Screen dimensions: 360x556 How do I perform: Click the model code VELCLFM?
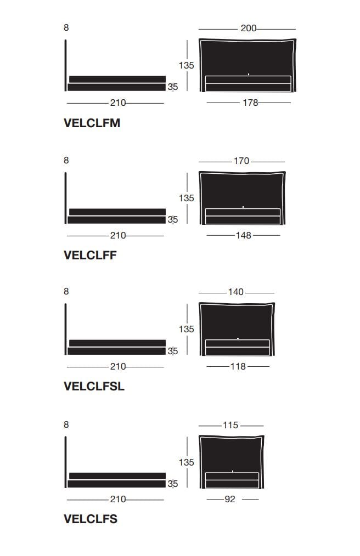[92, 123]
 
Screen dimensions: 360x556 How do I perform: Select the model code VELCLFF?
[90, 256]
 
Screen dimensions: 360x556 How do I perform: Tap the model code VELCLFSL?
[94, 386]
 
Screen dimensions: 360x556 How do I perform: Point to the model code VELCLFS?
[91, 519]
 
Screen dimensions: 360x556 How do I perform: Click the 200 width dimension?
[249, 29]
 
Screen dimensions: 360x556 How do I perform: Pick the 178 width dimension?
[250, 103]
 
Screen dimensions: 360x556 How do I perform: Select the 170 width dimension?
[241, 161]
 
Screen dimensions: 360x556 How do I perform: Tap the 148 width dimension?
[244, 235]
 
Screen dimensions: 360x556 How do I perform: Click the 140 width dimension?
[236, 292]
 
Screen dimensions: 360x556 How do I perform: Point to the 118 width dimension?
[238, 367]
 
